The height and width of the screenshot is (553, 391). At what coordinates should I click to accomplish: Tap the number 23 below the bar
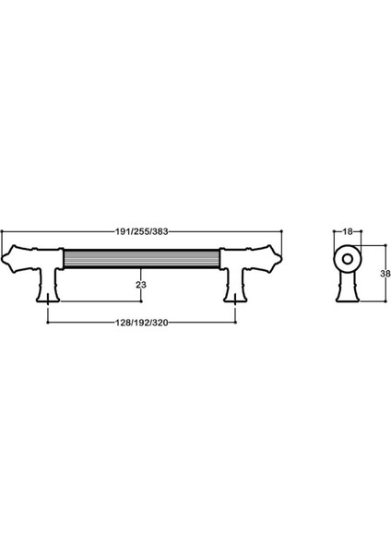click(x=141, y=286)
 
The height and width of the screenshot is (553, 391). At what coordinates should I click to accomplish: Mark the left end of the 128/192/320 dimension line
click(x=48, y=324)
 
